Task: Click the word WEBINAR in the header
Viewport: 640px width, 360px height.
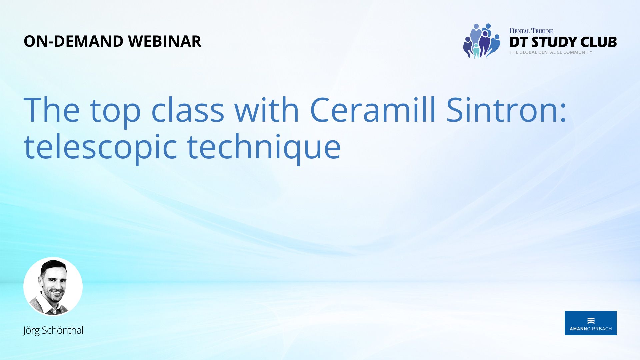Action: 165,41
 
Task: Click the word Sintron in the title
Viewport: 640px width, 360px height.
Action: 506,110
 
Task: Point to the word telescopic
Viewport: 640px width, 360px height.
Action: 100,148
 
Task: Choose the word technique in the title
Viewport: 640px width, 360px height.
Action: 264,148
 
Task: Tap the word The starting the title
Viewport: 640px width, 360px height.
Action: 52,110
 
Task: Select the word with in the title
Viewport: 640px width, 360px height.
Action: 267,110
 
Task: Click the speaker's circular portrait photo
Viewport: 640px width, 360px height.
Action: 53,286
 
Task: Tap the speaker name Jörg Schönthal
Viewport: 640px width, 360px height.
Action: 53,330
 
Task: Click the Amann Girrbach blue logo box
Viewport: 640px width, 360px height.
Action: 591,323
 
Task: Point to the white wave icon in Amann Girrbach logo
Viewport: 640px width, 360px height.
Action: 591,321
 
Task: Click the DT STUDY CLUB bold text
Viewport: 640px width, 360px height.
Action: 563,42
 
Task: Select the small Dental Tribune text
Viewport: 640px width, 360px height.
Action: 531,31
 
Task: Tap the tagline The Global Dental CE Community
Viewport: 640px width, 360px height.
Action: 551,52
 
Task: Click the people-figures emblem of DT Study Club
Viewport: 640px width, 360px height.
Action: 482,41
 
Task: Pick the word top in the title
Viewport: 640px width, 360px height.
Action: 115,112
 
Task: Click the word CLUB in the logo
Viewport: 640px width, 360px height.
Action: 599,42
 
